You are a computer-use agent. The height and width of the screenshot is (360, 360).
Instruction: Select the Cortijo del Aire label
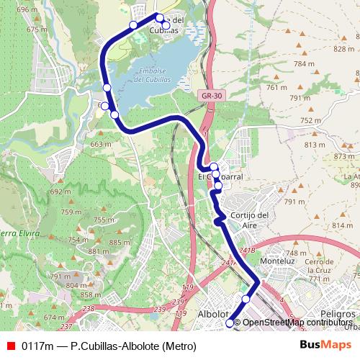coord(250,220)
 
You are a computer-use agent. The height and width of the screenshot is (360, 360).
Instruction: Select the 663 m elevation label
coord(99,144)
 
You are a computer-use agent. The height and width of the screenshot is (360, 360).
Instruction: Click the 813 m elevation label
coord(315,145)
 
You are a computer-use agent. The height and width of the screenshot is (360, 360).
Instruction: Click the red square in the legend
coord(11,346)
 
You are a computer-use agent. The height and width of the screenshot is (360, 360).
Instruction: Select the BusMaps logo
coord(325,345)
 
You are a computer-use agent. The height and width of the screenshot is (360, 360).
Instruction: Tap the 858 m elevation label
coord(91,295)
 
